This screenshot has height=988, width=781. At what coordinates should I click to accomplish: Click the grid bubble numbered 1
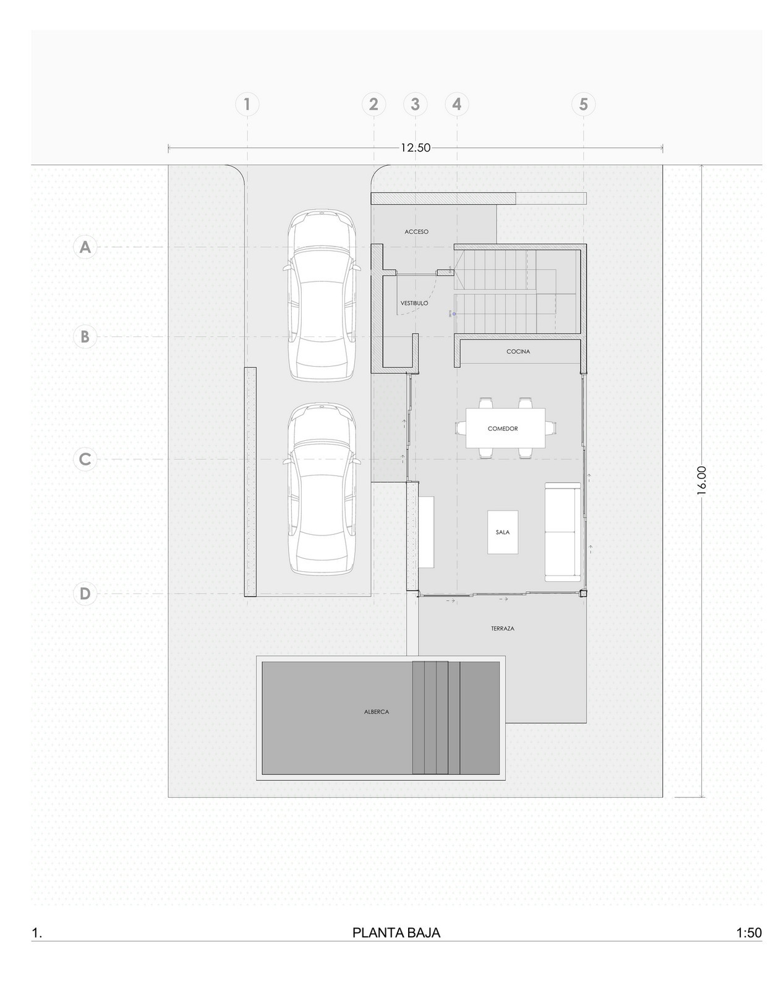point(247,104)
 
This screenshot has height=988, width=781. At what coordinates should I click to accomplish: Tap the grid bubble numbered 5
point(583,104)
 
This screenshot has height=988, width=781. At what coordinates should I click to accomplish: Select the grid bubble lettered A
point(85,247)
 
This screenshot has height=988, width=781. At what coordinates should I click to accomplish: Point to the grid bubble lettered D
point(85,593)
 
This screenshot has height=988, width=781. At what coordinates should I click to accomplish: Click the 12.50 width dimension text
point(415,148)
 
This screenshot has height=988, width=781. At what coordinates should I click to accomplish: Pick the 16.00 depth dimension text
point(701,480)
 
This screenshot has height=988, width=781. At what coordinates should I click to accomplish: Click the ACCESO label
point(416,232)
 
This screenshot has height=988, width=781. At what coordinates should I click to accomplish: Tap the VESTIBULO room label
point(414,304)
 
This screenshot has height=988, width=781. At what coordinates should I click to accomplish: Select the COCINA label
point(518,352)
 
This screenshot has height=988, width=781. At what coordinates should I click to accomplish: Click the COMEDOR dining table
point(505,428)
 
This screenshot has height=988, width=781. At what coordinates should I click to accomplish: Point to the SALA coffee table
point(503,532)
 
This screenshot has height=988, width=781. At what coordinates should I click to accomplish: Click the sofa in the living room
point(563,532)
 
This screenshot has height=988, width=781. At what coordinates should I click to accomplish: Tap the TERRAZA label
point(503,629)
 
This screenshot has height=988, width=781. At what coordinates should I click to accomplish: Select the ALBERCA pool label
point(377,712)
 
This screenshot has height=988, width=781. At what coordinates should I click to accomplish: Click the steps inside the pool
point(436,718)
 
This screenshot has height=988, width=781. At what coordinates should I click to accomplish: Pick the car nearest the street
point(322,295)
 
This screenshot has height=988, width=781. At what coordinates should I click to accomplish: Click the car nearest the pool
point(322,489)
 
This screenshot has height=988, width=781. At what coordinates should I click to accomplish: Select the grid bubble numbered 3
point(415,104)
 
